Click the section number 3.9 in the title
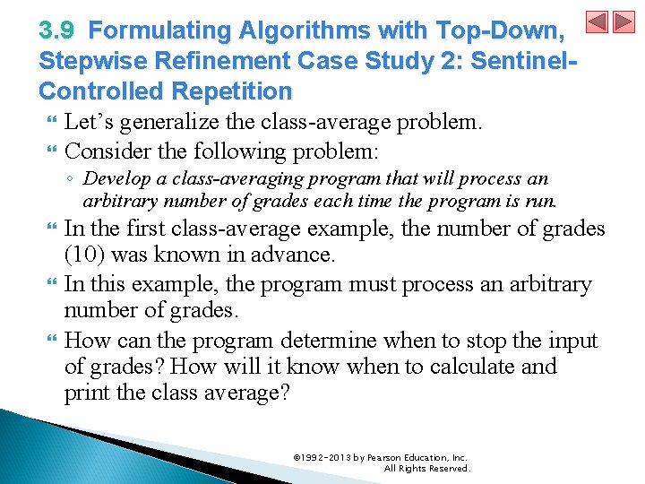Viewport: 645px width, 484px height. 58,30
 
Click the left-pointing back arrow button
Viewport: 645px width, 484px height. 598,22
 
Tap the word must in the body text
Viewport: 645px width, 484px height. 383,284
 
